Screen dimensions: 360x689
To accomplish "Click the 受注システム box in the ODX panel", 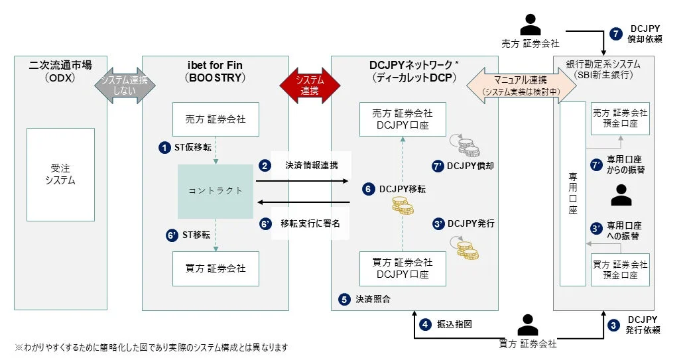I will point(60,174).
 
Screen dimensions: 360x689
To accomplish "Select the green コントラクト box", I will point(216,191).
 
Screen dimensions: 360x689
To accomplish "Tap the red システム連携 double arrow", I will point(309,85).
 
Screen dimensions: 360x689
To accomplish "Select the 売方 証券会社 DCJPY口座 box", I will point(403,119).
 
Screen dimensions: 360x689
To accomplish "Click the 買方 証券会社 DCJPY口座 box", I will point(403,269).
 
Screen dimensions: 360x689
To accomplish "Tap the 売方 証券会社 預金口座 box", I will point(620,119).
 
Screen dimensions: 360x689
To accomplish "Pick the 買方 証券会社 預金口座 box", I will point(620,269).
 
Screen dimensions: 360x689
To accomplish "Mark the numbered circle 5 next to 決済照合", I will point(344,300).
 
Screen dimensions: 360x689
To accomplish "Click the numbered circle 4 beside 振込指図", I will point(424,324).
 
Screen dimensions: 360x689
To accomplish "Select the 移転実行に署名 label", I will point(310,224).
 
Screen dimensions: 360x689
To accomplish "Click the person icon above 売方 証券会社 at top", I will point(530,25).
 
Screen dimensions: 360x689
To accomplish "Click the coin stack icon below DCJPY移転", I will point(402,207).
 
